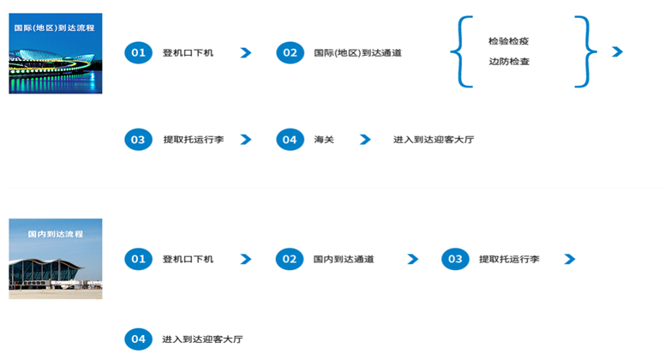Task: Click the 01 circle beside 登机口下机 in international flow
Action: coord(137,53)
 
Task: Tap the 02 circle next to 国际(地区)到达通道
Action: coord(290,53)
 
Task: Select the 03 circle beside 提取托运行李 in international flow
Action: coord(137,139)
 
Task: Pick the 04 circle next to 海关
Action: coord(290,139)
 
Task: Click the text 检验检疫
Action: coord(508,41)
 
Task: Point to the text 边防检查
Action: coord(508,62)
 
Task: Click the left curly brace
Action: coord(461,51)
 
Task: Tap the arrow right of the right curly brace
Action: coord(617,52)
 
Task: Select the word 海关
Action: coord(324,139)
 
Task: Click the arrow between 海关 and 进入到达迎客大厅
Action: coord(365,139)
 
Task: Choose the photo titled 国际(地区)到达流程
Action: coord(56,53)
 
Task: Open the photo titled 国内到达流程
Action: coord(56,258)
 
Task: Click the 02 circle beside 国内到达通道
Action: coord(290,259)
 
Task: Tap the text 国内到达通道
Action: coord(344,259)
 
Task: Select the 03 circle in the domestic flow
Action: coord(455,259)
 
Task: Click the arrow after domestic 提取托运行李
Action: coord(569,259)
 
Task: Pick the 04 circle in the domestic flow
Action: coord(137,339)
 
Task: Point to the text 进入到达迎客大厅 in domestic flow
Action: coord(202,339)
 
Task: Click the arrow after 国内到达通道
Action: coord(412,259)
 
